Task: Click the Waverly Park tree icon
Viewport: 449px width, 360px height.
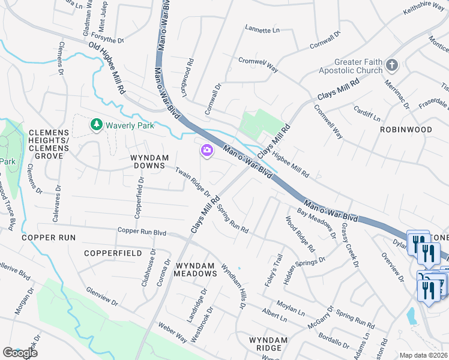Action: pos(95,125)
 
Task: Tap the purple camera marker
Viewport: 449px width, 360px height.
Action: pos(207,151)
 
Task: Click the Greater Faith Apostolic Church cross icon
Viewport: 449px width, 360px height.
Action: pos(392,65)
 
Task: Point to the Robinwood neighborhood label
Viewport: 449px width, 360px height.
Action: pos(406,129)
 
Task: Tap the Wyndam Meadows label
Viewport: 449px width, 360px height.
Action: pos(195,269)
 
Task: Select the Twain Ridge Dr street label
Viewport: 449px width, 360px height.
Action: pos(193,182)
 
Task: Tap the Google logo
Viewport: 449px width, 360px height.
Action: pos(20,353)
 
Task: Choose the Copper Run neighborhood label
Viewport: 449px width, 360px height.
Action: pos(49,238)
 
